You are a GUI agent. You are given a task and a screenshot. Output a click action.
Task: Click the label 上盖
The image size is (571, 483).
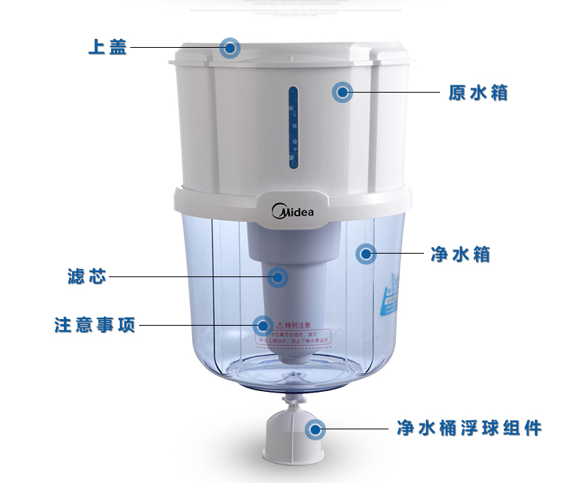click(x=107, y=48)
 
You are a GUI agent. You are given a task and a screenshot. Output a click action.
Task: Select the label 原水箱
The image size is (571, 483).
click(x=478, y=93)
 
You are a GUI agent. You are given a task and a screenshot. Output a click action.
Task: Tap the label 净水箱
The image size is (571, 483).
click(x=461, y=254)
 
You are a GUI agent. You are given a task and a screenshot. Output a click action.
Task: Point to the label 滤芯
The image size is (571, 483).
click(x=87, y=277)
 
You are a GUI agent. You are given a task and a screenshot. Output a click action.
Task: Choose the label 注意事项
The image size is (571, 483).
click(x=95, y=325)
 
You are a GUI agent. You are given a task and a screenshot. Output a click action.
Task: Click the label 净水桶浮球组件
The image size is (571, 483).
click(x=469, y=428)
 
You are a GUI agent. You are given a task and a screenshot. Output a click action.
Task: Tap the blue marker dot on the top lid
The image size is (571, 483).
click(x=230, y=49)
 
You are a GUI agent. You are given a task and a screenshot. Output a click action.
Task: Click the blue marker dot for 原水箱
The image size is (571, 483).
click(x=342, y=93)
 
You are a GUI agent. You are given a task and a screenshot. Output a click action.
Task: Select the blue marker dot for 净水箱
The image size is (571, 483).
click(x=366, y=254)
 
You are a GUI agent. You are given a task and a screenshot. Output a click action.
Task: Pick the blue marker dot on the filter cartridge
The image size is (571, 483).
click(x=277, y=276)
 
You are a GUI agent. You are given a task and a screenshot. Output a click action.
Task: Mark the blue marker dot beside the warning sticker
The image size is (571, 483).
click(x=262, y=325)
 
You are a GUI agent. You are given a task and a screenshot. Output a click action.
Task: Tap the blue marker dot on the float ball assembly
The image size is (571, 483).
click(x=316, y=429)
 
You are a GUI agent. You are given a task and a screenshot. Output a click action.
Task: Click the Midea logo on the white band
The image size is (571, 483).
click(x=293, y=212)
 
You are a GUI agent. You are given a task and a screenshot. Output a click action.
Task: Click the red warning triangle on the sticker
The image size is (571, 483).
click(x=280, y=324)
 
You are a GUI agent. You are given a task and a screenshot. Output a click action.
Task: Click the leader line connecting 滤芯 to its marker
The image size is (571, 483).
click(x=188, y=277)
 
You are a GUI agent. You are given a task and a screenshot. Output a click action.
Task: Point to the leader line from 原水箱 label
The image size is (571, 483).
click(x=397, y=93)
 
